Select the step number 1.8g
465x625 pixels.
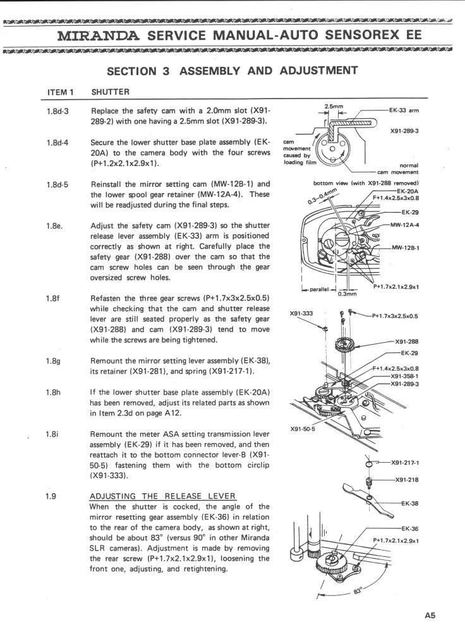(53, 360)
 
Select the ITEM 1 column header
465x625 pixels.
(61, 92)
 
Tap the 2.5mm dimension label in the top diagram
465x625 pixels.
(334, 106)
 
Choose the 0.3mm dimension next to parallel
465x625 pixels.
(347, 294)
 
